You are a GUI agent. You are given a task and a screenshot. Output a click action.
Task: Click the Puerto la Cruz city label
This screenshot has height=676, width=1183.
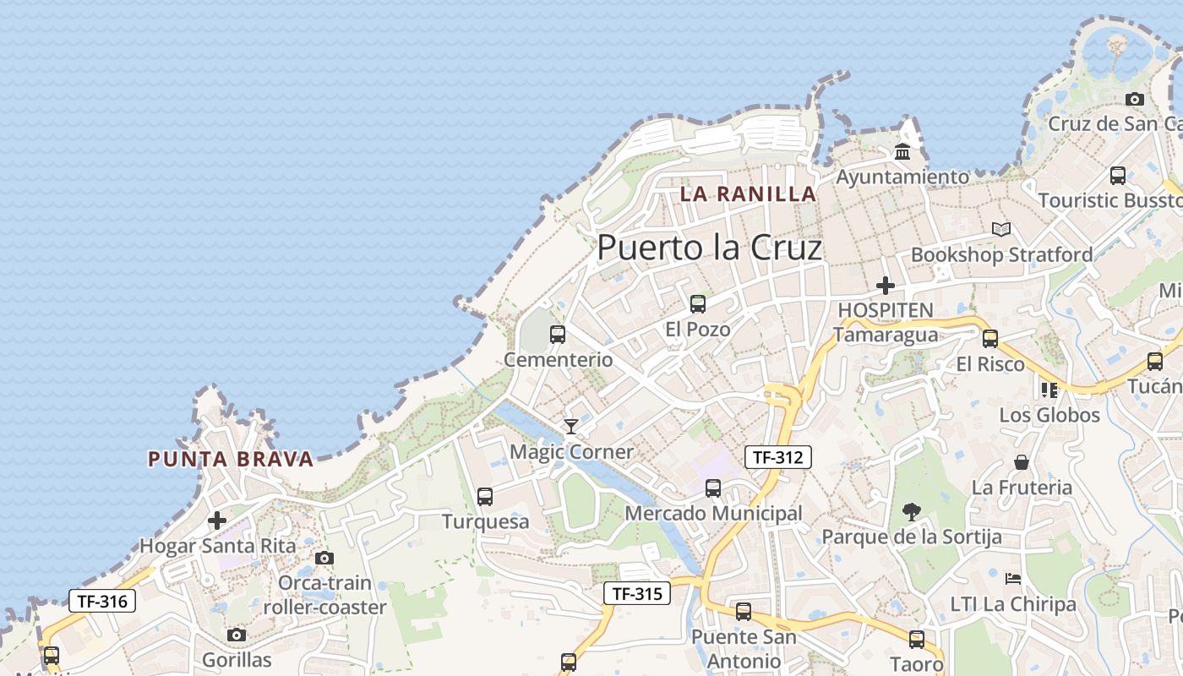709,248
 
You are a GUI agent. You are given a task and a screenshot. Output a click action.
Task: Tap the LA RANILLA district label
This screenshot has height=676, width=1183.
748,194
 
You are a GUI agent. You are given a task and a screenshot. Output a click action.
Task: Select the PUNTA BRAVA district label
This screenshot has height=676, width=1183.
231,460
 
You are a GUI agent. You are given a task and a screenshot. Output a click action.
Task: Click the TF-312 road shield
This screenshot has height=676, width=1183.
777,457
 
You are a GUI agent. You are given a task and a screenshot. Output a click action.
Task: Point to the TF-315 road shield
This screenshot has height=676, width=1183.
637,593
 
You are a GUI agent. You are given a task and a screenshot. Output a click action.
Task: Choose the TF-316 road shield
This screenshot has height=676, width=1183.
101,601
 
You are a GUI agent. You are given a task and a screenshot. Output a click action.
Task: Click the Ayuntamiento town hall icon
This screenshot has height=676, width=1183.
902,153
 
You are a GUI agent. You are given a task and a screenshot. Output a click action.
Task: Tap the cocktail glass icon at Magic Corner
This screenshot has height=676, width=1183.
571,426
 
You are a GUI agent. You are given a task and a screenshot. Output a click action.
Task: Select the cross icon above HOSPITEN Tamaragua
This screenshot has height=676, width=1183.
885,286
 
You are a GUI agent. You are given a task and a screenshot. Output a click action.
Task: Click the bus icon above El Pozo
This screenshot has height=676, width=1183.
697,304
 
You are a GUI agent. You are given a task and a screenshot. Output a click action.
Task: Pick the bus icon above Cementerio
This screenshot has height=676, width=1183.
558,335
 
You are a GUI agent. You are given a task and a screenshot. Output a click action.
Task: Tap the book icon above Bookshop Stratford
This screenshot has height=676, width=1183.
1001,229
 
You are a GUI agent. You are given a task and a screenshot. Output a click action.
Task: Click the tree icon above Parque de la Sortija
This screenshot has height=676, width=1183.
911,511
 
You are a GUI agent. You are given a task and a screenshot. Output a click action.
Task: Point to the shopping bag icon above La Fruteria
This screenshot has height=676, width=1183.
1022,462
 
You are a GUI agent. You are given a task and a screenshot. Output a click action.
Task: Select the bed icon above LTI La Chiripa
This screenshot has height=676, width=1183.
1013,579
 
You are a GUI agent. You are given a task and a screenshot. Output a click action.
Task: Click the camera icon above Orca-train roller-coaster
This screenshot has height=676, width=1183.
324,558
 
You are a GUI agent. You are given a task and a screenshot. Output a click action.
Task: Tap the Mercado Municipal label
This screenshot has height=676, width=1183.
713,514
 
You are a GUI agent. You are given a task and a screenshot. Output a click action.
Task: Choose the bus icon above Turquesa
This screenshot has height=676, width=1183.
484,497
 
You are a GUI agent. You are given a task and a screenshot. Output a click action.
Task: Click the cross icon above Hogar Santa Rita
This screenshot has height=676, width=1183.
217,521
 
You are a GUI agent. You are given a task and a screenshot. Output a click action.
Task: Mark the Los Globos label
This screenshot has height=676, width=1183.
1049,415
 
